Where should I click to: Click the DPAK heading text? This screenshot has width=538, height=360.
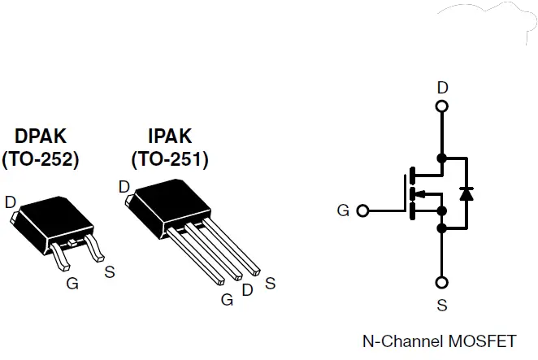[40, 136]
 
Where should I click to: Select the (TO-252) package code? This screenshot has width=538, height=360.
[40, 159]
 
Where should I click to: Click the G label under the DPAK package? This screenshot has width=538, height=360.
[72, 284]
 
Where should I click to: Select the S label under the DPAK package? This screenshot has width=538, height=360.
[109, 271]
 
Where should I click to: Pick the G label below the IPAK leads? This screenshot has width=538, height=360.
[227, 298]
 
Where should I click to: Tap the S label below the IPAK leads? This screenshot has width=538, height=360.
[270, 284]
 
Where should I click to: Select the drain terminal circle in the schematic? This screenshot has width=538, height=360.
[441, 106]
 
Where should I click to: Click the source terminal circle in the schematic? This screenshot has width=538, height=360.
[441, 283]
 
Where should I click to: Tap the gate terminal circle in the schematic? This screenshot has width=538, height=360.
[362, 210]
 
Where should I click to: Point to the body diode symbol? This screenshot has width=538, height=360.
[466, 193]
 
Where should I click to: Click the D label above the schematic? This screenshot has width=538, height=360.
[441, 87]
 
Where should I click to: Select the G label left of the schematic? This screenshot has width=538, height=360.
[343, 210]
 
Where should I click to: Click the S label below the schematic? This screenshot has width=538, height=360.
[441, 307]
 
